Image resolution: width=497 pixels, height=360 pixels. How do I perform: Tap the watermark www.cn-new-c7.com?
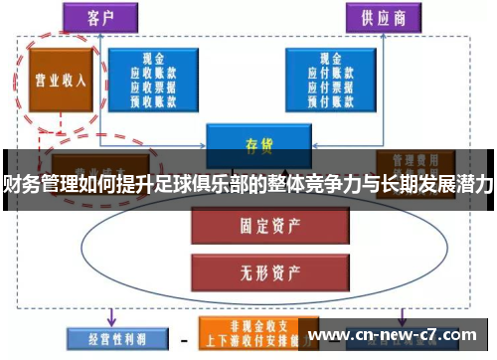397,334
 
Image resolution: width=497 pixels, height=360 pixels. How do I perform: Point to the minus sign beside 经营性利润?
184,338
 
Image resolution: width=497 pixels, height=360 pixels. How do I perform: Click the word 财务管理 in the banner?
39,182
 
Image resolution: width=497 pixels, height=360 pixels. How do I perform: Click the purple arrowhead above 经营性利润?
110,320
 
